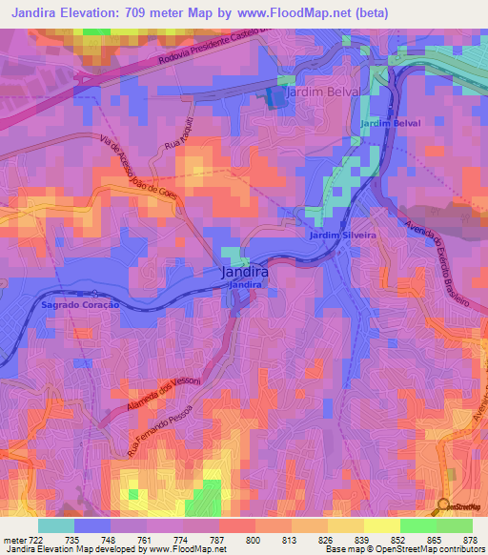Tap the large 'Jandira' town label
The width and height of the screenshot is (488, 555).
244,272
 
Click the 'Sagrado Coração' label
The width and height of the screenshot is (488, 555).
80,304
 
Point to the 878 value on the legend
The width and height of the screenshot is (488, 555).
471,540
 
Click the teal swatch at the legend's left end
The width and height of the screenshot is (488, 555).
56,525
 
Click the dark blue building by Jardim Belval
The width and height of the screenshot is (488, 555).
275,96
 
